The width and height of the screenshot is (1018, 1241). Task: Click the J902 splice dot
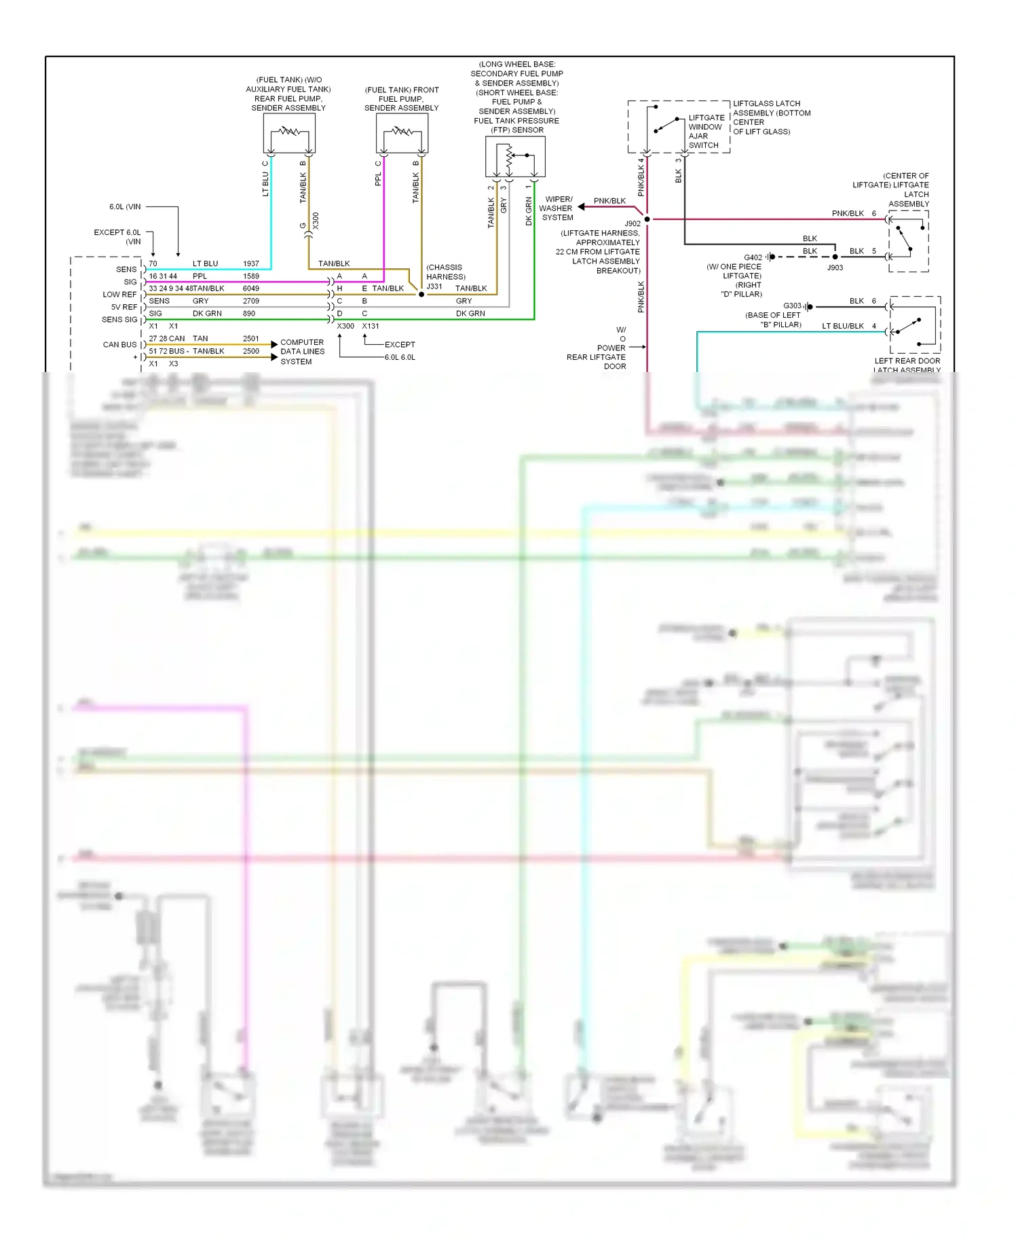[x=647, y=219]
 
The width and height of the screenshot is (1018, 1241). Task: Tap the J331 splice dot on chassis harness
[x=421, y=295]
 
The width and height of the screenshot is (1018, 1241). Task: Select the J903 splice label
[x=835, y=267]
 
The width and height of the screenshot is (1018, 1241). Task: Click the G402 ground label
[x=753, y=257]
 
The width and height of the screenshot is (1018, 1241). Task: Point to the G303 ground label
[x=792, y=306]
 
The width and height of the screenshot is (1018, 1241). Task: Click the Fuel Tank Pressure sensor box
[x=515, y=157]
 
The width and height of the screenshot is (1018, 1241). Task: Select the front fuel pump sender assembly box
[x=402, y=132]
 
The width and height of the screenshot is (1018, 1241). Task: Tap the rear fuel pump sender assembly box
[x=289, y=132]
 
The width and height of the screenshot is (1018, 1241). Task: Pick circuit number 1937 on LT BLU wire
[x=250, y=263]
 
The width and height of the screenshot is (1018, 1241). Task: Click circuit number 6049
[x=250, y=289]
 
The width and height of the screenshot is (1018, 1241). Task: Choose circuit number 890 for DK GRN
[x=249, y=314]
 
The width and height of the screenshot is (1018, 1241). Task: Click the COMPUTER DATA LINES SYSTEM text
[x=302, y=352]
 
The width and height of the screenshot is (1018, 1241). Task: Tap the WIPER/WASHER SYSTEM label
[x=557, y=208]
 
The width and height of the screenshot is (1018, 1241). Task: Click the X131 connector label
[x=371, y=326]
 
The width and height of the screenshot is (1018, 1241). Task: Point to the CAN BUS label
[x=119, y=345]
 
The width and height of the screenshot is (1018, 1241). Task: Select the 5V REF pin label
[x=124, y=307]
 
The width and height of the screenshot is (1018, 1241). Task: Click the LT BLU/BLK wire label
[x=842, y=326]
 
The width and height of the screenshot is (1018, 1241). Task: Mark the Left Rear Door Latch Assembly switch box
[x=915, y=325]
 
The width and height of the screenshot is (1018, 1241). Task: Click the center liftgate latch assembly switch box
[x=909, y=241]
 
